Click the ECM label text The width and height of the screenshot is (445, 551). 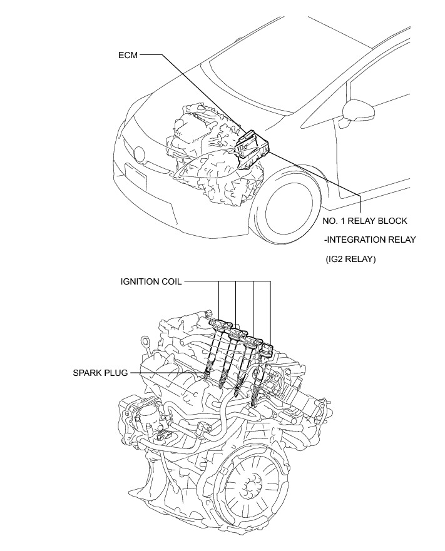coord(128,55)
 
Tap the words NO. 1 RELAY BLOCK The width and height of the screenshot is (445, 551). coord(365,221)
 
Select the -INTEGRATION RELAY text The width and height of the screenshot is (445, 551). coord(369,240)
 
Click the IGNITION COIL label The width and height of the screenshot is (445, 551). coord(151,281)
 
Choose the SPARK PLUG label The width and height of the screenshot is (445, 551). coord(100,373)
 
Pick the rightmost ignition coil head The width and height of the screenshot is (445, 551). coord(268,348)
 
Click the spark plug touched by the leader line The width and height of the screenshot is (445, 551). coord(206,375)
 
